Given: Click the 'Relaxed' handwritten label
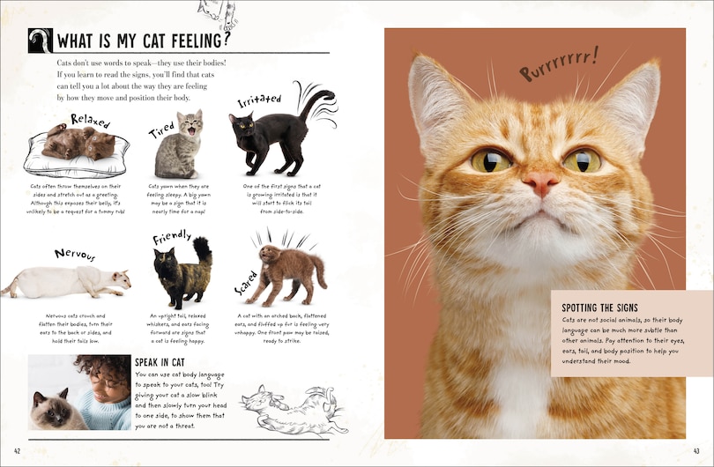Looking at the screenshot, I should click(90, 120).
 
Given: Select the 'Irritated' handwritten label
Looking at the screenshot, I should click(259, 101).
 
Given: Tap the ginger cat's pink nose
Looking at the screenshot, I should click(540, 183).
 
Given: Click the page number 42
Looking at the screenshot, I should click(18, 452).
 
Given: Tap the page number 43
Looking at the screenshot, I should click(696, 452).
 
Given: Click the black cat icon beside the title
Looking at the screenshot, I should click(40, 41).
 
